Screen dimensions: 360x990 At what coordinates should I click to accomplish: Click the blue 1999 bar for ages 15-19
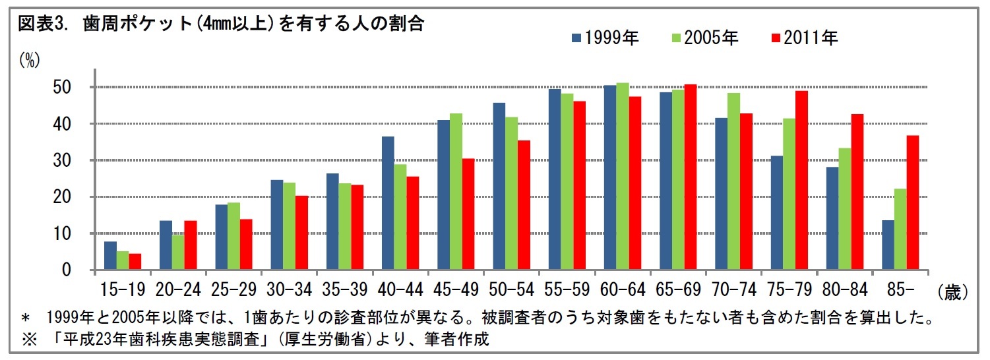pyautogui.click(x=110, y=256)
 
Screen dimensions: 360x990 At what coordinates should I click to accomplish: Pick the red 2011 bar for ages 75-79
pyautogui.click(x=802, y=181)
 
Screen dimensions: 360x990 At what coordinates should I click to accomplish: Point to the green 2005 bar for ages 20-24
pyautogui.click(x=178, y=253)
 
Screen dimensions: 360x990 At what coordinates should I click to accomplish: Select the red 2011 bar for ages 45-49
pyautogui.click(x=468, y=214)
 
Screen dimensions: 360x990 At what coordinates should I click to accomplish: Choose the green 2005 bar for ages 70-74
pyautogui.click(x=734, y=181)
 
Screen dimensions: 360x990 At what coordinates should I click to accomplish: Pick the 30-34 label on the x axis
pyautogui.click(x=289, y=291)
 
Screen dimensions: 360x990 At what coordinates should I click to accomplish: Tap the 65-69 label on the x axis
pyautogui.click(x=677, y=291)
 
